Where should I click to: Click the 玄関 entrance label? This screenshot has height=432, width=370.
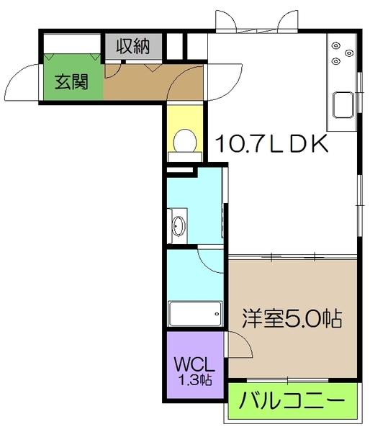pos(71,82)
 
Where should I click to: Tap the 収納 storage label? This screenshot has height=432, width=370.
pos(132,47)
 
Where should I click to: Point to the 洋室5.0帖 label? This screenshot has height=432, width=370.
pos(292,317)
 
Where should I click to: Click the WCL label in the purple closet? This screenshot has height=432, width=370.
pos(190,364)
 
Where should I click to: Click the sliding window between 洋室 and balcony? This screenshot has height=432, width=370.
pos(288,379)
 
